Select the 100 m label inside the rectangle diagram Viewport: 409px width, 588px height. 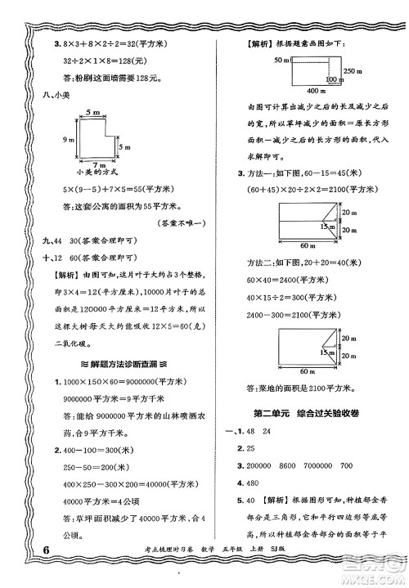tap(332, 79)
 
